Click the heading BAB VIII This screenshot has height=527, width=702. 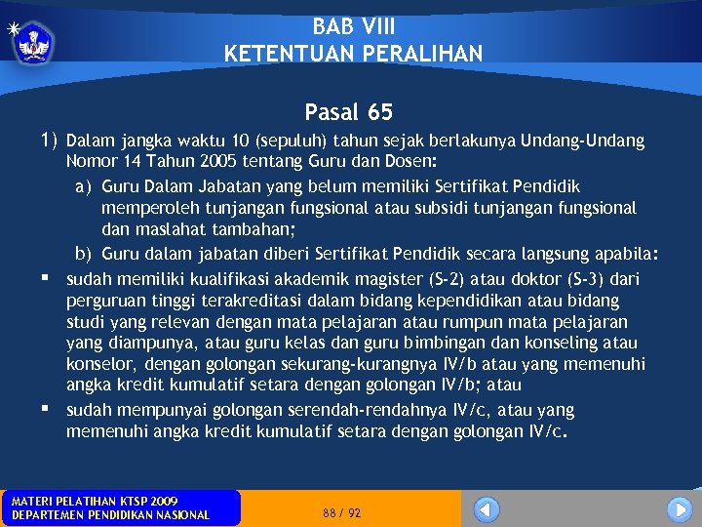354,26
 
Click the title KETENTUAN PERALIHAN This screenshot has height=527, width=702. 353,54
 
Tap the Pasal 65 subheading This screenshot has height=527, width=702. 348,113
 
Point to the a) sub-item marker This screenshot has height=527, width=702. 84,185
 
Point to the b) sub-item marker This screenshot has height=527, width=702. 84,254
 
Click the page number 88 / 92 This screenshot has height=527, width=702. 341,512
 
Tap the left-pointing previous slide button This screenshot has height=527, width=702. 487,509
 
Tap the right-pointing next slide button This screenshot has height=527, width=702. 680,509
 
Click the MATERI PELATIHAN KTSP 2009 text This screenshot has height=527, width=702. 95,502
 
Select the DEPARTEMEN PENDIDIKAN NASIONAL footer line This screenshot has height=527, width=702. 110,515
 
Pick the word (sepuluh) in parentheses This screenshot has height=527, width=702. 293,142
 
